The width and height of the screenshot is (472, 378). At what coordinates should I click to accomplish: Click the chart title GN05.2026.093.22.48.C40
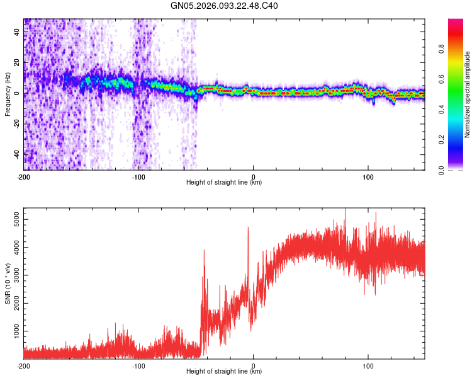point(225,6)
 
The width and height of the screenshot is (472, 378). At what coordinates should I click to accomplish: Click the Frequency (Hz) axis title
point(8,94)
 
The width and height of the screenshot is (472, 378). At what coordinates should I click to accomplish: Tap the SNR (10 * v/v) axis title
point(8,283)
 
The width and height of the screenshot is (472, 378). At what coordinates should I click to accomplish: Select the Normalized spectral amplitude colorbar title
point(467,94)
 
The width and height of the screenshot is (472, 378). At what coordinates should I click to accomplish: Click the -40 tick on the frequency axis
point(16,154)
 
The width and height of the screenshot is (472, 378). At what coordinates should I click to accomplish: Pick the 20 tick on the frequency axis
point(17,62)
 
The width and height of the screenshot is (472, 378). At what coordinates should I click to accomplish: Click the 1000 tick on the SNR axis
point(13,331)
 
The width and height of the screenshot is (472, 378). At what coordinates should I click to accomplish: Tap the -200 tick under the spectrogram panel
point(23,176)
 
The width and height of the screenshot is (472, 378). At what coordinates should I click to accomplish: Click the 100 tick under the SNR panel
point(368,365)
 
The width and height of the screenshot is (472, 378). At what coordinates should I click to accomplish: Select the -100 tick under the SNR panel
point(138,365)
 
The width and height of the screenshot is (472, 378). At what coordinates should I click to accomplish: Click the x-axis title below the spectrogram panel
point(224,183)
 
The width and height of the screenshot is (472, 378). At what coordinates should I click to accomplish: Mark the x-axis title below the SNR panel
point(224,372)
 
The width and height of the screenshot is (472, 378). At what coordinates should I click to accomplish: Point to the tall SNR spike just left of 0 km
point(248,228)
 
